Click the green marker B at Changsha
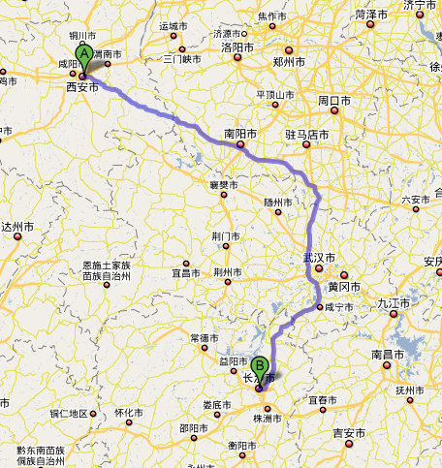pyautogui.click(x=258, y=372)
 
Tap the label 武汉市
pyautogui.click(x=319, y=259)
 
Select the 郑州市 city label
pyautogui.click(x=289, y=61)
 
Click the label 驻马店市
pyautogui.click(x=308, y=134)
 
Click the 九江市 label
pyautogui.click(x=395, y=302)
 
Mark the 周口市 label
pyautogui.click(x=334, y=100)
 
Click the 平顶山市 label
pyautogui.click(x=273, y=94)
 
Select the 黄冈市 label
pyautogui.click(x=344, y=287)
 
